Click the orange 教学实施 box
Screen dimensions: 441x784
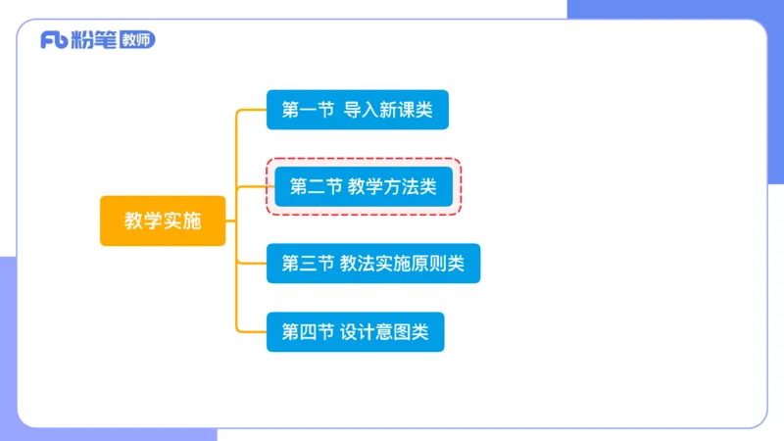point(162,221)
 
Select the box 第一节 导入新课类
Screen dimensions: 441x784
point(357,110)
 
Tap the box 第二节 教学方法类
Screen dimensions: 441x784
point(364,186)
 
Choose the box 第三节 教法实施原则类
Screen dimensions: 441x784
point(373,264)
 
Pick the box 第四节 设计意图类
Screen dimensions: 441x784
point(355,332)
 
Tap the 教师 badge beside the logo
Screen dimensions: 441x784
point(135,40)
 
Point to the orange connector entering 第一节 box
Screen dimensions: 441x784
point(252,110)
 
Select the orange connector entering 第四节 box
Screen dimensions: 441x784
point(252,332)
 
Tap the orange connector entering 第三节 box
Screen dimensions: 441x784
point(252,263)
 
